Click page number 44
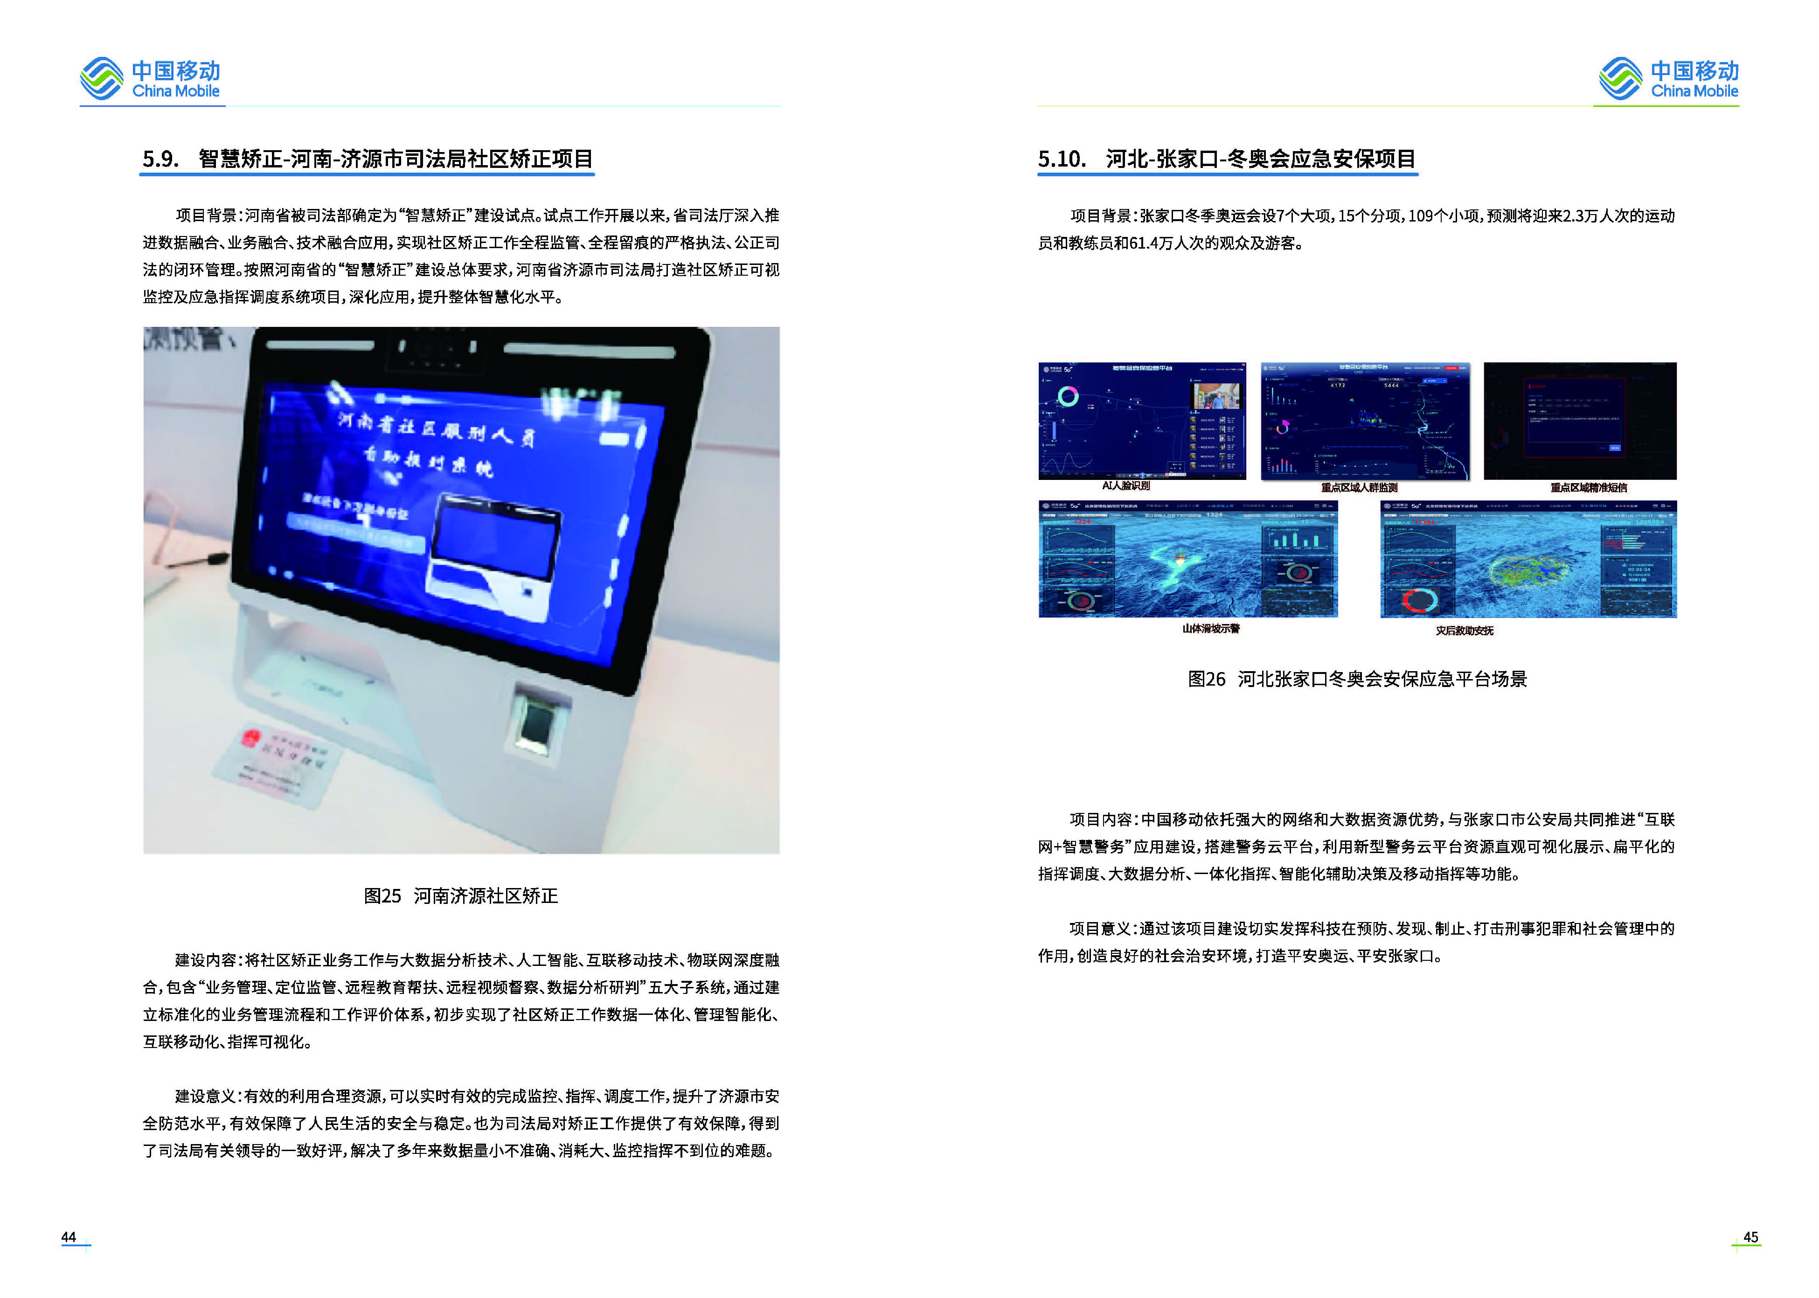(x=69, y=1237)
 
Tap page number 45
(x=1750, y=1237)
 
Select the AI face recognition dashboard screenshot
(x=1141, y=421)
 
